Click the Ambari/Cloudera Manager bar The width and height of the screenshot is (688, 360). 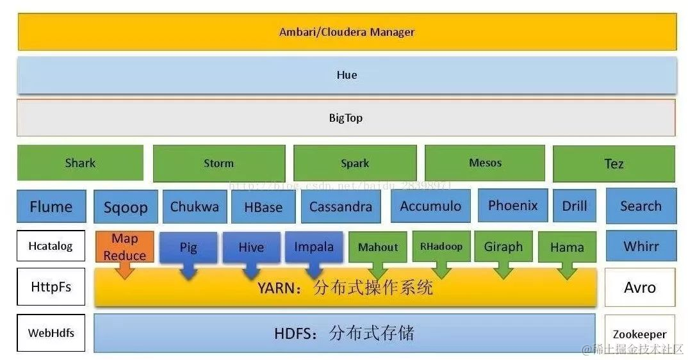[x=347, y=32]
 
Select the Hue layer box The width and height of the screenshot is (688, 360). [x=347, y=75]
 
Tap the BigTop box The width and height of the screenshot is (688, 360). [x=346, y=118]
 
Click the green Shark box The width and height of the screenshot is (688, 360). [x=80, y=163]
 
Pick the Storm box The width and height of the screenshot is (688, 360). [x=218, y=163]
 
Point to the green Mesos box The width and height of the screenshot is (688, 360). [x=485, y=163]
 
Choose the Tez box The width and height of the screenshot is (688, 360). [x=613, y=164]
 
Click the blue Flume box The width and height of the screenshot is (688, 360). [x=51, y=206]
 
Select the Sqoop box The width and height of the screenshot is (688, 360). [x=126, y=207]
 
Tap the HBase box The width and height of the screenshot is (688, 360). [x=263, y=207]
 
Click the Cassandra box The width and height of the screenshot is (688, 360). [x=340, y=206]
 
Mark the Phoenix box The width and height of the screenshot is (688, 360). [x=512, y=206]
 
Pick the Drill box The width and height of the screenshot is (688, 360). [x=574, y=206]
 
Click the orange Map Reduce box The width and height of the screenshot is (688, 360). [x=125, y=247]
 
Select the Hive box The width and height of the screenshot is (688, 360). [x=251, y=247]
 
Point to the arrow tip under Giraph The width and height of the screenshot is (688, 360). [x=504, y=275]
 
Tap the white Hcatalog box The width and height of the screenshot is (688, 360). [x=51, y=246]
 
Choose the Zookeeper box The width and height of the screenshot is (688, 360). [x=639, y=334]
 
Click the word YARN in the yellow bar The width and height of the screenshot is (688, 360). [x=277, y=288]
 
